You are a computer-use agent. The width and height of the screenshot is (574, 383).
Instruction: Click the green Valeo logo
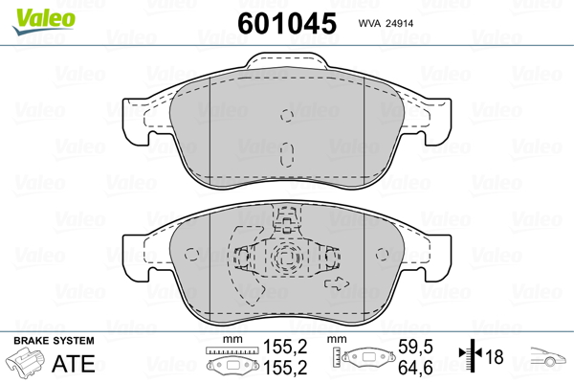tap(44, 21)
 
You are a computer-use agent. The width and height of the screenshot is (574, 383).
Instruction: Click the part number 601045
tap(287, 23)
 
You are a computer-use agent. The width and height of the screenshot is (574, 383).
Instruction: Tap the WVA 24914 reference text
tap(386, 23)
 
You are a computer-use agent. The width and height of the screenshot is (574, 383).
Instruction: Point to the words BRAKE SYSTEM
tap(54, 341)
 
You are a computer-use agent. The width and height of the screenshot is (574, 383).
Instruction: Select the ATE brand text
tap(74, 363)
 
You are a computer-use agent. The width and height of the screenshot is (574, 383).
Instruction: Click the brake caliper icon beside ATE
tap(26, 361)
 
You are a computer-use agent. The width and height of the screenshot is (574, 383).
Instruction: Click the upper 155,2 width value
tap(285, 347)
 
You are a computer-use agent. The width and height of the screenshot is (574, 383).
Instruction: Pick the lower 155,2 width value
tap(285, 368)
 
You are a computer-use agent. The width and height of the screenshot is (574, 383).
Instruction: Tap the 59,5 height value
tap(415, 347)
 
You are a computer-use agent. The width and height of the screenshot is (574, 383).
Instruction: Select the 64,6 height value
tap(415, 368)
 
